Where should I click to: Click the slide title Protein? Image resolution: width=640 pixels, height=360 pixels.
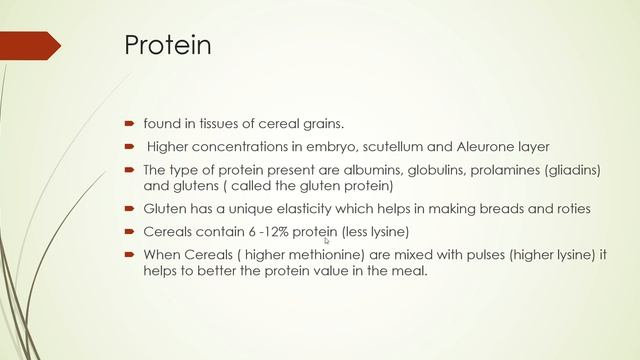click(x=167, y=46)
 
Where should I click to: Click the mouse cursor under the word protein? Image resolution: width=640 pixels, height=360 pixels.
click(x=327, y=240)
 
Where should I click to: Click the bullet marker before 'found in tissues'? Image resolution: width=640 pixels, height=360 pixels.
click(x=130, y=124)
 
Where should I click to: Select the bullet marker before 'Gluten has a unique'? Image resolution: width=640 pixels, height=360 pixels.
click(x=130, y=209)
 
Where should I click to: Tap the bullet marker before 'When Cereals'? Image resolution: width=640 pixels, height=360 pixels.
click(x=130, y=255)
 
